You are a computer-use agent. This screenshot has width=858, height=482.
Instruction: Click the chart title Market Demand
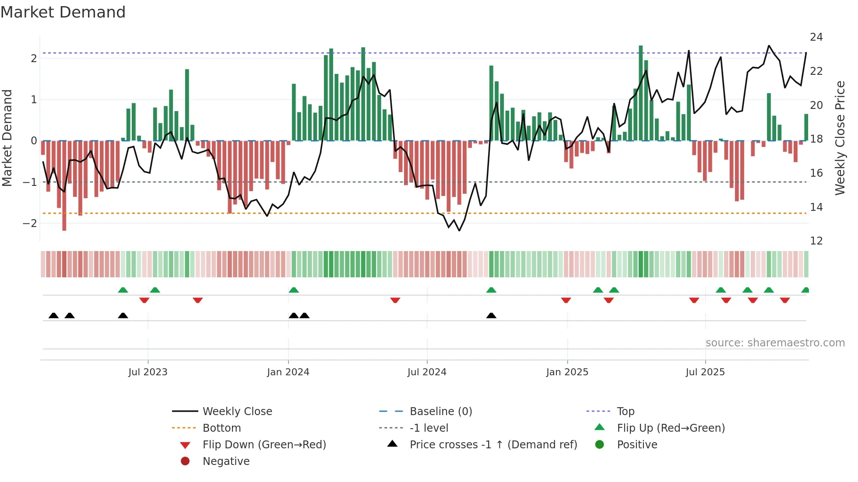tap(63, 12)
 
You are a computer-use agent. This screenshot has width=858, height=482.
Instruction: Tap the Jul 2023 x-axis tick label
tap(148, 372)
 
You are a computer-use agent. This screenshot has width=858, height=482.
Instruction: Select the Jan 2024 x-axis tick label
tap(288, 372)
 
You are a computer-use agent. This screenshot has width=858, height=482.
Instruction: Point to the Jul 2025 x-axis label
tap(705, 372)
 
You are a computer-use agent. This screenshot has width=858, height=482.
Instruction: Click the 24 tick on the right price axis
tap(816, 37)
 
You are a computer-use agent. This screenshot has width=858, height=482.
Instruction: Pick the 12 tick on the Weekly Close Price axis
tap(816, 241)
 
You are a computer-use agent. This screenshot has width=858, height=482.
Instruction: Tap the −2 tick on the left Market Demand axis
tap(30, 224)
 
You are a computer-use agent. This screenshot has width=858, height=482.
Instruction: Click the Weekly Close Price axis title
tap(840, 138)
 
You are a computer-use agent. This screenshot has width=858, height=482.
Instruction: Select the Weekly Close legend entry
tap(237, 412)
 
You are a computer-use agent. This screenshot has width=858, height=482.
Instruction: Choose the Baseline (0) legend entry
tap(440, 412)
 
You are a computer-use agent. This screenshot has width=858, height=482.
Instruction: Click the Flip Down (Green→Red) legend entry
tap(264, 445)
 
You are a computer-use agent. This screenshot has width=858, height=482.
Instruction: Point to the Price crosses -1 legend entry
tap(493, 445)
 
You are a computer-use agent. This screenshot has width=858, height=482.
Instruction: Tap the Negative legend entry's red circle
tap(185, 461)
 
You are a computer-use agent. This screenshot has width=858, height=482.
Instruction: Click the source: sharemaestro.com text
tap(775, 343)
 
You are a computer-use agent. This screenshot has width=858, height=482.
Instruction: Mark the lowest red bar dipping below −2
tap(64, 227)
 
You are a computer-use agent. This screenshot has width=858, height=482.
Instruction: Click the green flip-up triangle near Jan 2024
tap(294, 290)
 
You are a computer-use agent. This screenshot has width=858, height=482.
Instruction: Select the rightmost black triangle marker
tap(491, 315)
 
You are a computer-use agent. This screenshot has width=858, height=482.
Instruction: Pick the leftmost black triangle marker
tap(53, 315)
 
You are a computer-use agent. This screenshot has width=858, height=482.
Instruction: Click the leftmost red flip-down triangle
tap(144, 300)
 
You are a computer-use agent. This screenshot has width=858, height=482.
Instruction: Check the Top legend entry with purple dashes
tap(625, 412)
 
